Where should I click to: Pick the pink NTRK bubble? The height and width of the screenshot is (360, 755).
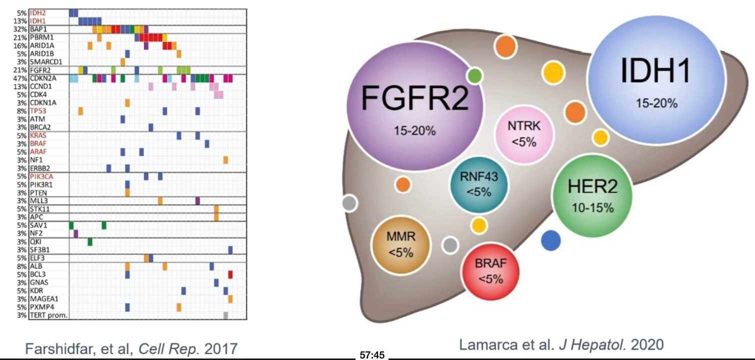pos(524,133)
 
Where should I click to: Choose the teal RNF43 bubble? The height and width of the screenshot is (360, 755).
pos(478,183)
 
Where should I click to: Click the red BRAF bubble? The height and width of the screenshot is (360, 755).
pos(490,270)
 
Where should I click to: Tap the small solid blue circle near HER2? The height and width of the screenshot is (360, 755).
pos(551,239)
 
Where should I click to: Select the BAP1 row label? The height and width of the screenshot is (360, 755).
pos(39,29)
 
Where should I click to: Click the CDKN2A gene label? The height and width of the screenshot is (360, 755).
pos(44,78)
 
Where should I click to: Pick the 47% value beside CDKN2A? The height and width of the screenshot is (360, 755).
pos(21,78)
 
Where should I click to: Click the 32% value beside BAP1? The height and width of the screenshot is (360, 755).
pos(21,29)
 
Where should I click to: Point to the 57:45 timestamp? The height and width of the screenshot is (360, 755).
pos(371,355)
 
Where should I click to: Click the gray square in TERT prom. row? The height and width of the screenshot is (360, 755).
pos(225,315)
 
